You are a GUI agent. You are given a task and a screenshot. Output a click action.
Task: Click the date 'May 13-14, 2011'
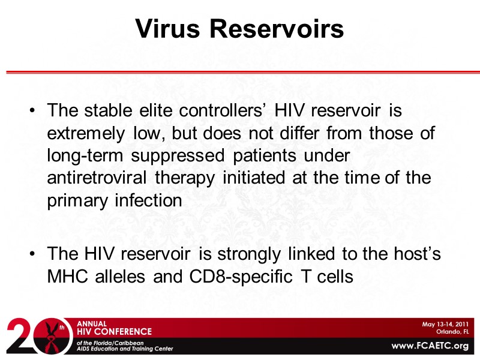tap(445, 324)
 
